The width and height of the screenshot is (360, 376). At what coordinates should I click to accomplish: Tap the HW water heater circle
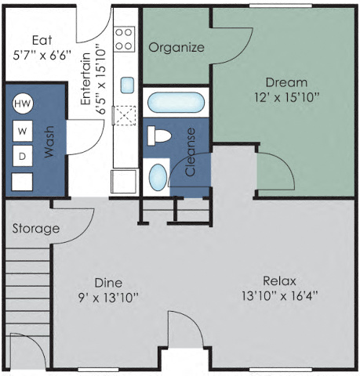click(23, 103)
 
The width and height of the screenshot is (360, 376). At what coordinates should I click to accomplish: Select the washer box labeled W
click(23, 130)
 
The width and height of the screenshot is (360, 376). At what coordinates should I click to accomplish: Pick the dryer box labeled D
click(23, 156)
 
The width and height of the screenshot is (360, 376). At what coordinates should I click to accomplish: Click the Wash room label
click(49, 143)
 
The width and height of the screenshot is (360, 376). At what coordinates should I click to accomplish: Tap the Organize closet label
click(176, 47)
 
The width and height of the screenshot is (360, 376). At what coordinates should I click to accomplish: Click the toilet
click(160, 136)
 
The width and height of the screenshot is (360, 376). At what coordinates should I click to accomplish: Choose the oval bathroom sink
click(158, 175)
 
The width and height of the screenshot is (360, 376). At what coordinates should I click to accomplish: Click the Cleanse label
click(189, 152)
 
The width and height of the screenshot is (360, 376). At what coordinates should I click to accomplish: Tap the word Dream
click(286, 82)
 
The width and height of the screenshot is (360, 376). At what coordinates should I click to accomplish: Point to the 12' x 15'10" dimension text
click(286, 98)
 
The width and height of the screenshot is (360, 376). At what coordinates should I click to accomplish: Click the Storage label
click(36, 229)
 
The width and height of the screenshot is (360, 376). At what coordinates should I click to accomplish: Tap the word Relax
click(280, 281)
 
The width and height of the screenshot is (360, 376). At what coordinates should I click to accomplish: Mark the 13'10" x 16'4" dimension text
click(280, 297)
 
